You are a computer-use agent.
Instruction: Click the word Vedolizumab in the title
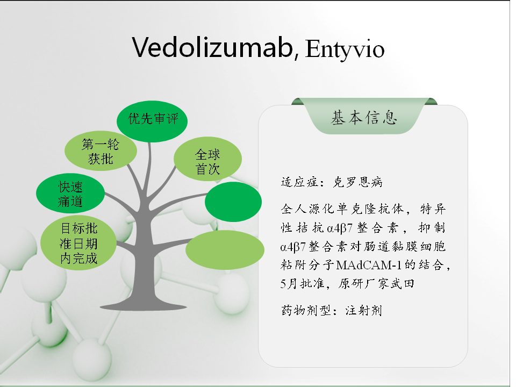[x=213, y=47]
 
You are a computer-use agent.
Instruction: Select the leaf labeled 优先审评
[x=152, y=121]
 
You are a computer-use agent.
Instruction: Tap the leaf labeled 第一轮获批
[x=101, y=151]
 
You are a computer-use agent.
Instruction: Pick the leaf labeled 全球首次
[x=207, y=159]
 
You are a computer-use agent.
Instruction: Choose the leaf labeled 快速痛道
[x=70, y=193]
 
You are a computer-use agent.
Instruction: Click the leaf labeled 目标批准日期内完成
[x=78, y=243]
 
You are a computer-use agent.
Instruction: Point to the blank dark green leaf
[x=233, y=202]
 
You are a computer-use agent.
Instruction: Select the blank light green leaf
[x=225, y=250]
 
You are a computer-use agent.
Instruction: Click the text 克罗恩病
[x=358, y=182]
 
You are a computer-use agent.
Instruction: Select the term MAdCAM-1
[x=369, y=265]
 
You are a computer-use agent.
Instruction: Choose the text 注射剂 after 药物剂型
[x=364, y=310]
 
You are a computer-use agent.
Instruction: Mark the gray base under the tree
[x=144, y=307]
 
